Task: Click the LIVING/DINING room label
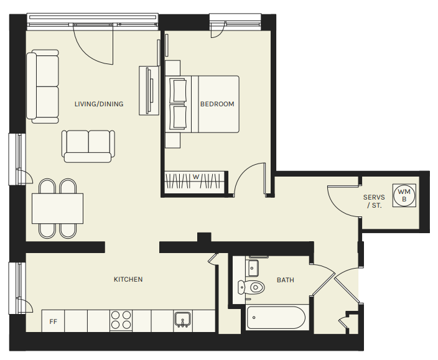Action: (99, 104)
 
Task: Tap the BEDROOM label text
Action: (217, 104)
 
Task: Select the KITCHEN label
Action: (128, 279)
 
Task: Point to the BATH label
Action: (285, 280)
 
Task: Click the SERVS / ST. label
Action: (374, 201)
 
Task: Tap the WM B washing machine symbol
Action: (404, 195)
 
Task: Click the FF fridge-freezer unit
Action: (53, 321)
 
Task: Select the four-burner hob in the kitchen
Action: (121, 320)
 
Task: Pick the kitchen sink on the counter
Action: (183, 320)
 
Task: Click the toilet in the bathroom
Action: (251, 287)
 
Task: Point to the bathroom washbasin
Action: (252, 268)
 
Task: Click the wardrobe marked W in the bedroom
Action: (195, 181)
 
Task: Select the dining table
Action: (57, 208)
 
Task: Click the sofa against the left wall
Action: (43, 86)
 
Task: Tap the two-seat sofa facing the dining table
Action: (88, 146)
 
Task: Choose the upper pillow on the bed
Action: (178, 90)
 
